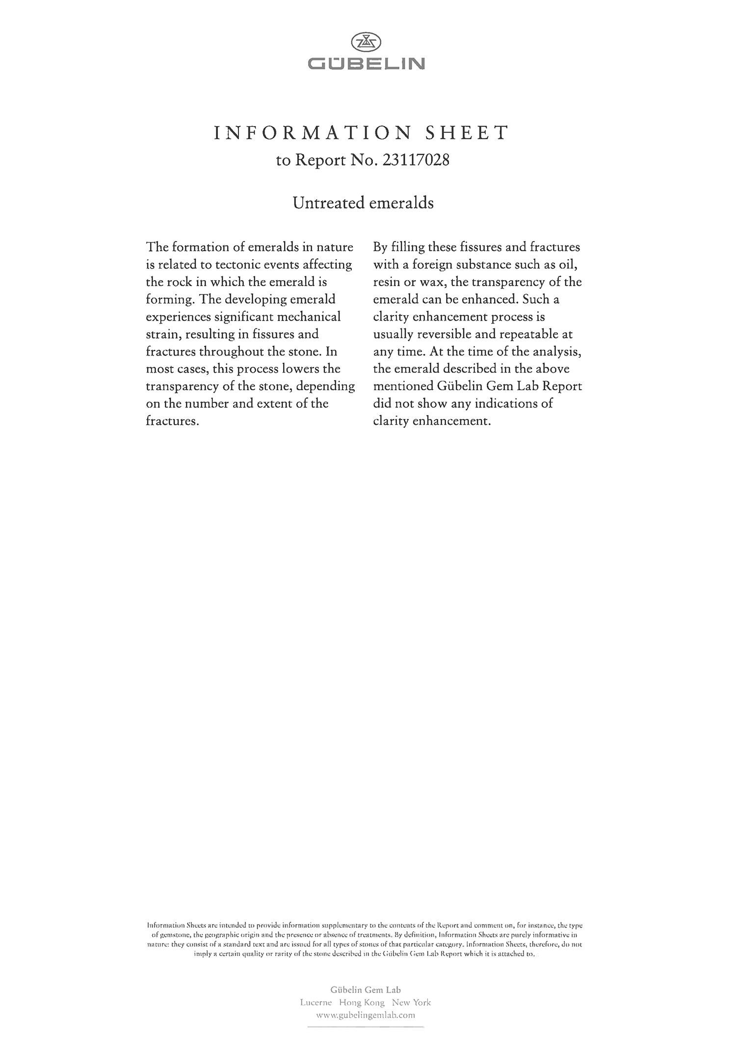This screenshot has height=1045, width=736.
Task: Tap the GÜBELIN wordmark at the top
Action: point(366,64)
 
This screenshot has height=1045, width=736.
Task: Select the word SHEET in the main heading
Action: point(467,133)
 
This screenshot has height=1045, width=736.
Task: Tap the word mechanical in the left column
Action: point(309,317)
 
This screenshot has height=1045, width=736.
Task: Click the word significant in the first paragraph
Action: point(244,317)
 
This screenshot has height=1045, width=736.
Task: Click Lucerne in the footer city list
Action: point(316,1003)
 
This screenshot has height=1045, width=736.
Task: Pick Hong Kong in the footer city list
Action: point(362,1003)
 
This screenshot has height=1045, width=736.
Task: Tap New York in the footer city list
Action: point(411,1003)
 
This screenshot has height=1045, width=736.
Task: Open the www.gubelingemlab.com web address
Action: point(366,1015)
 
